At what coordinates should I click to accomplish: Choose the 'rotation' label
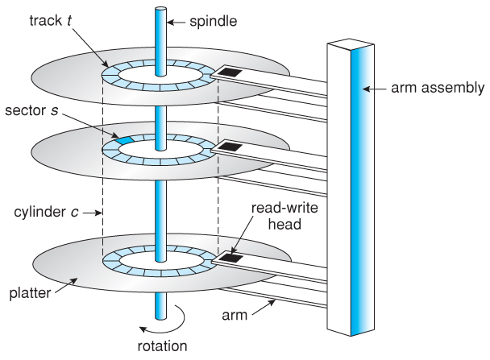[x=161, y=347]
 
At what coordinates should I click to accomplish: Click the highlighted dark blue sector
[x=124, y=140]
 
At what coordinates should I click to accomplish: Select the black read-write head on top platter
[x=230, y=72]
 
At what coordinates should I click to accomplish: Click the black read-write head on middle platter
[x=230, y=147]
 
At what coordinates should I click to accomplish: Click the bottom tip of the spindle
[x=160, y=315]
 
